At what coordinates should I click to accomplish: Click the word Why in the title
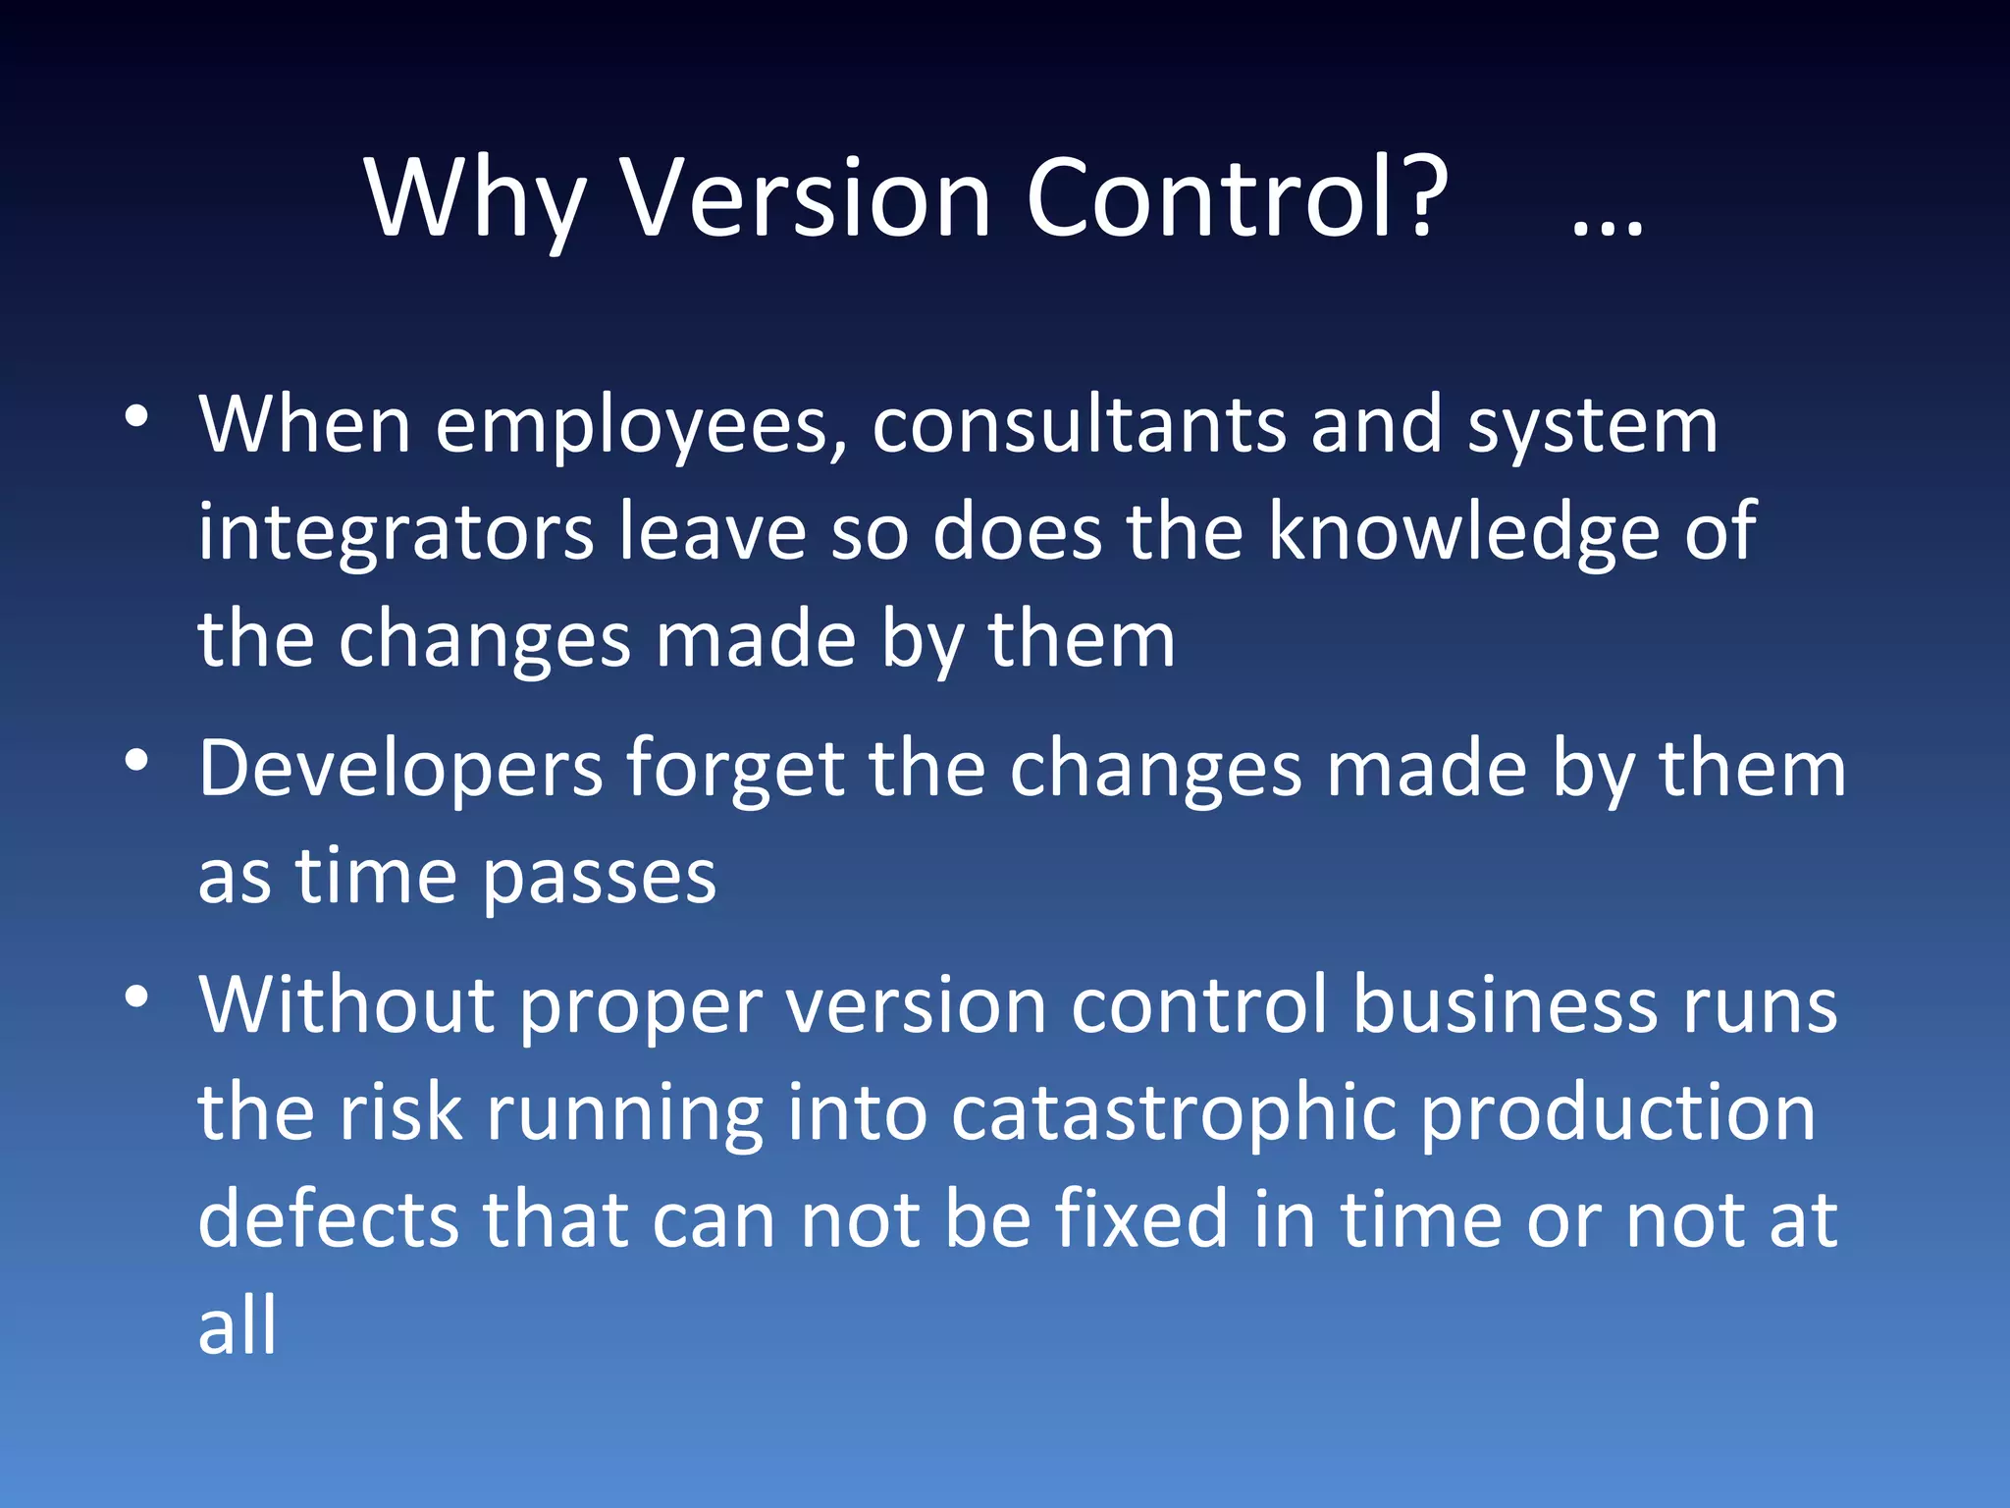476,199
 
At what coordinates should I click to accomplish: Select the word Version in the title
807,199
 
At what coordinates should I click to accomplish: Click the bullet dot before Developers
137,760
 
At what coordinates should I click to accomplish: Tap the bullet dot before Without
137,997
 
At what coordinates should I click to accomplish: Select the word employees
642,427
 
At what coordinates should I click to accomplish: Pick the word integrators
396,533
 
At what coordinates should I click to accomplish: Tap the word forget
735,769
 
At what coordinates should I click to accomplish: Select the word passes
600,878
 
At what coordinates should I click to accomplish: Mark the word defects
328,1219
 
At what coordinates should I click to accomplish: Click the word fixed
1141,1219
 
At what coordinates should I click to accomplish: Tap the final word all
238,1326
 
